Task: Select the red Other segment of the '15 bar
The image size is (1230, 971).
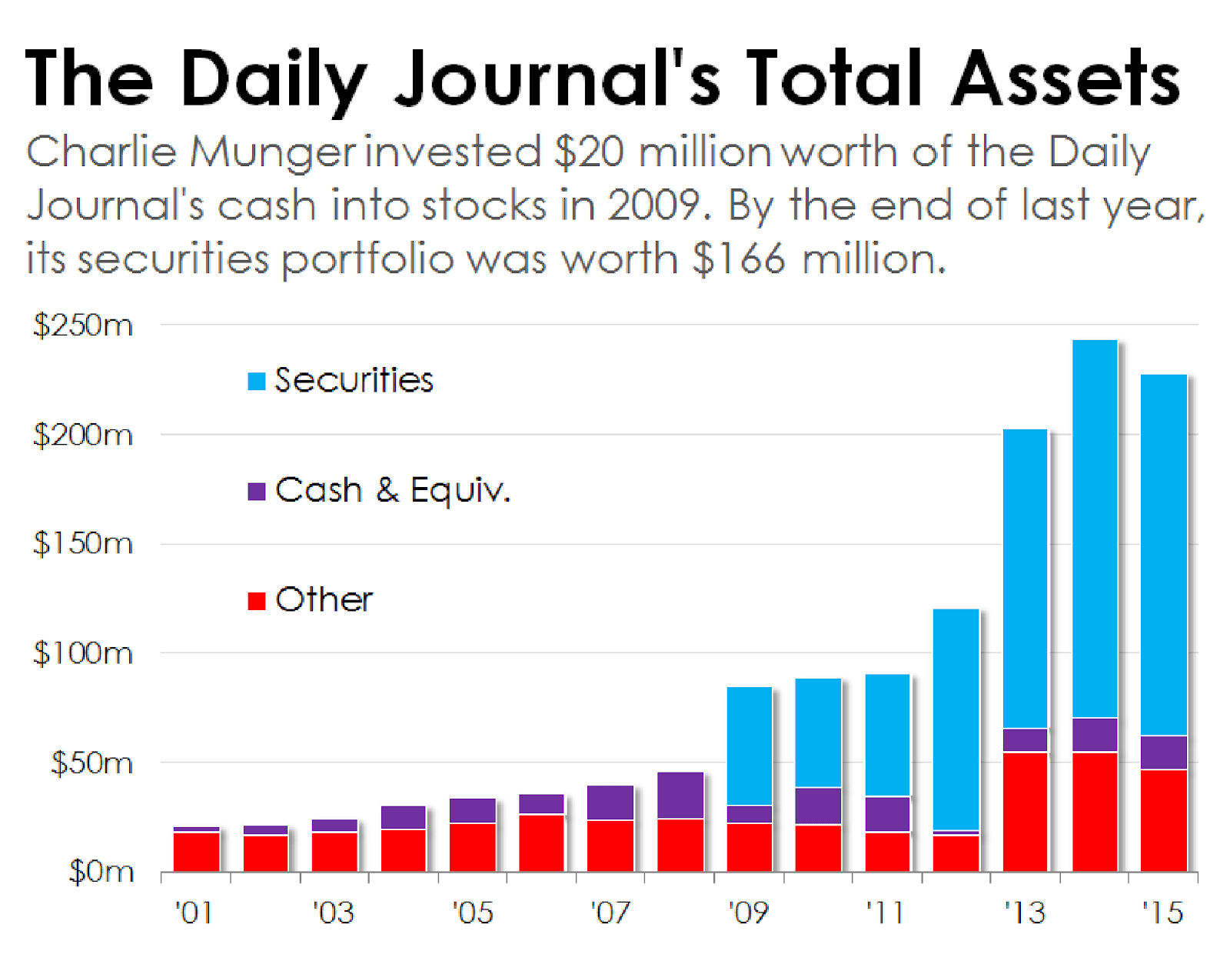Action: coord(1164,820)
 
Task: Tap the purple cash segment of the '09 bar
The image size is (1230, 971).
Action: coord(750,814)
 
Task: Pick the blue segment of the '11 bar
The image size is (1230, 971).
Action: coord(887,736)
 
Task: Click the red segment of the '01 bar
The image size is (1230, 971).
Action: coord(196,852)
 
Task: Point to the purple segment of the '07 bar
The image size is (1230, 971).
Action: coord(610,802)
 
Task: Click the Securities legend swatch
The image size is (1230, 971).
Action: coord(257,381)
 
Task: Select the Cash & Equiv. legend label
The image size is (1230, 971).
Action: coord(393,490)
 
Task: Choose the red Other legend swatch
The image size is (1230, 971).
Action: coord(257,600)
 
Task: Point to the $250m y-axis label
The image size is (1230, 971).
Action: coord(83,325)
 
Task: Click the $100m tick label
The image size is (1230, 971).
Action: coord(83,653)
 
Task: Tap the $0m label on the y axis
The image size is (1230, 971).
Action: coord(101,872)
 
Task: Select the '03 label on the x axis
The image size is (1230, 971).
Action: coord(333,913)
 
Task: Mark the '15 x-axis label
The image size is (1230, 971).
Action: coord(1162,913)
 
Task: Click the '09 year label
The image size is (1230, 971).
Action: coord(748,913)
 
